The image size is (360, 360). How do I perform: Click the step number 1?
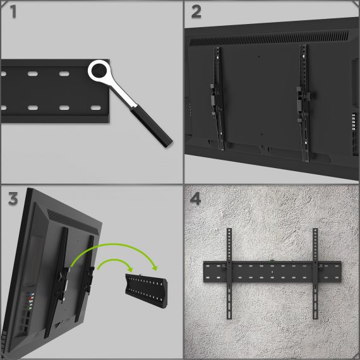tap(13, 11)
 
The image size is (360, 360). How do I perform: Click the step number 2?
tap(196, 12)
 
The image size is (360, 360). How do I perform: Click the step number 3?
tap(13, 198)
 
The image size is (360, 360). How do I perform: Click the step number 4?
tap(195, 198)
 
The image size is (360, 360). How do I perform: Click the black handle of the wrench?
tap(152, 126)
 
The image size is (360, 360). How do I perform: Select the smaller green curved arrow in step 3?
tap(114, 260)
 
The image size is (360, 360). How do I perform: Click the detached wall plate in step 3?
tap(147, 291)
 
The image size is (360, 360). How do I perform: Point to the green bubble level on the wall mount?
tap(272, 261)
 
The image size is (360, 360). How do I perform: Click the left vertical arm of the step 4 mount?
tap(229, 273)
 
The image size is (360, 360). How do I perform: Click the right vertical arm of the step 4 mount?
tap(315, 273)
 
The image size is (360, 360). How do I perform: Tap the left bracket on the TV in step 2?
tap(218, 99)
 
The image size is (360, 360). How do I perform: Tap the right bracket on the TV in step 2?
tap(304, 104)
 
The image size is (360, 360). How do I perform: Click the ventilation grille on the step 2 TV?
tap(269, 38)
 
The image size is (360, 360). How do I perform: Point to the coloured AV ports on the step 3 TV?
tap(31, 301)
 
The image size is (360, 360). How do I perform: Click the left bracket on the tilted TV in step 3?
tap(57, 282)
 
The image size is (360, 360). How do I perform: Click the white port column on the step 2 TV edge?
tap(354, 122)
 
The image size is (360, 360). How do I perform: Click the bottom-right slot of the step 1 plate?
tap(96, 107)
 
